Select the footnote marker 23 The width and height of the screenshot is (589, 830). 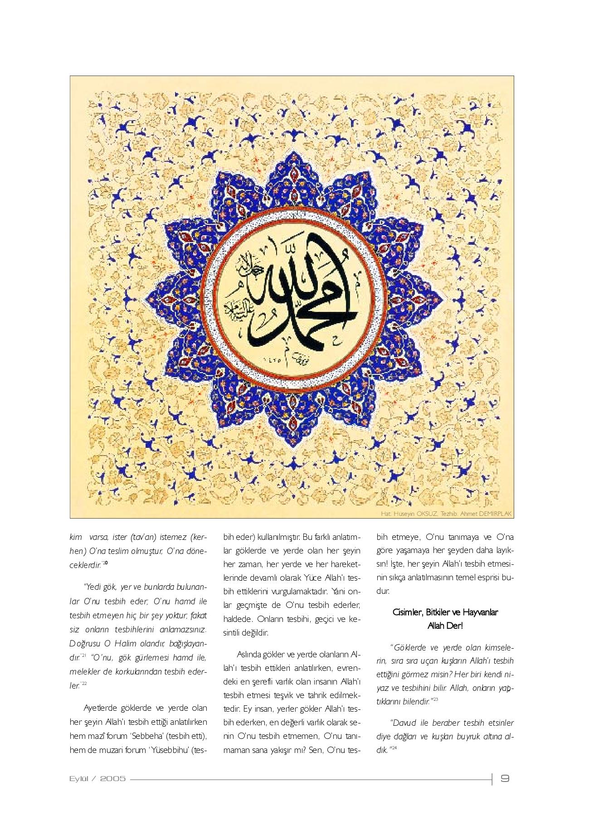[435, 699]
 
